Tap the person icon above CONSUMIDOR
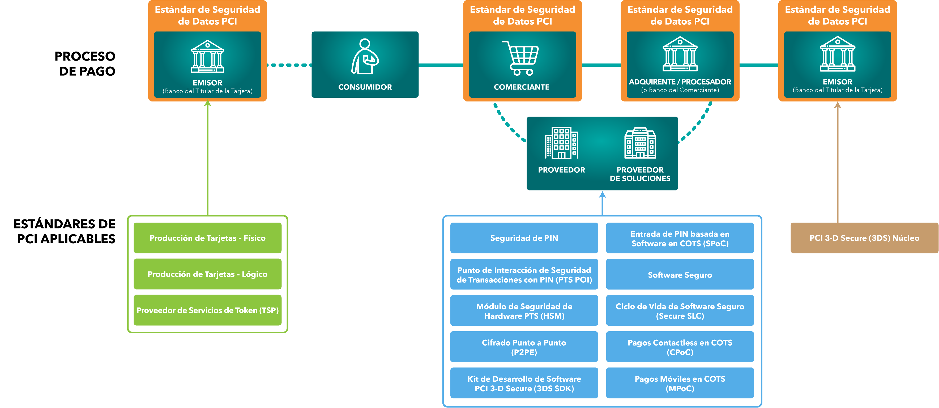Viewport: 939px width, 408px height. click(x=365, y=57)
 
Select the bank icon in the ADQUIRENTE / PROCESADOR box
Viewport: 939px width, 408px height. click(x=680, y=54)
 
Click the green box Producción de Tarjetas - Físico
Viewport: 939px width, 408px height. click(x=207, y=238)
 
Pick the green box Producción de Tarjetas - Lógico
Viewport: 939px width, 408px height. click(x=207, y=274)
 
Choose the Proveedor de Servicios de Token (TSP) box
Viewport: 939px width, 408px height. click(x=207, y=310)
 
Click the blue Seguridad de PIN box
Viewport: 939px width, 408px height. click(x=524, y=238)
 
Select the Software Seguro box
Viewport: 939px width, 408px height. click(x=680, y=275)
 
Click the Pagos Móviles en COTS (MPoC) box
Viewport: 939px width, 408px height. click(x=680, y=383)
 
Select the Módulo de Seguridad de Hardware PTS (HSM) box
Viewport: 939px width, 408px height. click(x=524, y=311)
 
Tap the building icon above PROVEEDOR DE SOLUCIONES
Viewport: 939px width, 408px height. click(x=640, y=143)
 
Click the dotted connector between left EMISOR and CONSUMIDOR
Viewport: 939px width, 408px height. click(x=289, y=65)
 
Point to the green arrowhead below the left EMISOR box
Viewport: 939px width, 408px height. click(x=207, y=104)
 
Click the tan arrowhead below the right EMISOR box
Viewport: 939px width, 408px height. click(x=838, y=105)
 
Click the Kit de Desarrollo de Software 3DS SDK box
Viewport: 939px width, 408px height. click(x=524, y=383)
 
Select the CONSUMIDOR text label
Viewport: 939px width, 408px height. click(x=365, y=87)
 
